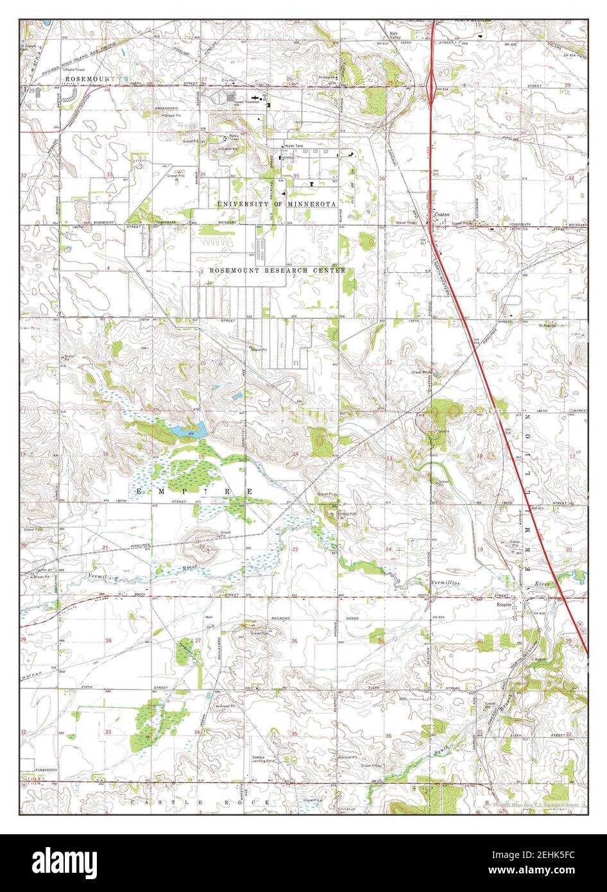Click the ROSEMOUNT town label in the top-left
[90, 78]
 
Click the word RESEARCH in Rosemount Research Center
[283, 271]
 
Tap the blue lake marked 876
[192, 429]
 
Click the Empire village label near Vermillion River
[502, 603]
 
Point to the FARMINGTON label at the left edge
[41, 769]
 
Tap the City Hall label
[229, 80]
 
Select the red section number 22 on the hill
[202, 547]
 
